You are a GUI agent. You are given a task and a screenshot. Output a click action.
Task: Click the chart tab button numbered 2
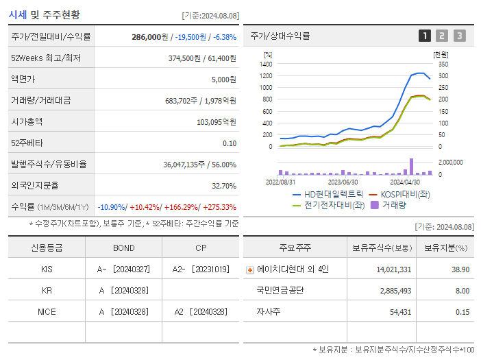click(x=442, y=36)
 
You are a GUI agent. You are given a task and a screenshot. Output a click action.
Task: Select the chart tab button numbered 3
click(x=459, y=36)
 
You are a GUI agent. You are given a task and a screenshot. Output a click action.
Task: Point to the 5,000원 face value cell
click(x=223, y=80)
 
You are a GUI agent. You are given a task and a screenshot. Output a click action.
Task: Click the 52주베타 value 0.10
click(x=229, y=143)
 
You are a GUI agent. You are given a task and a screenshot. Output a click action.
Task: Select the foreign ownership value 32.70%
click(x=223, y=186)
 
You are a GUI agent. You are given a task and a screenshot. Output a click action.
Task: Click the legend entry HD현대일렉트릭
click(x=333, y=194)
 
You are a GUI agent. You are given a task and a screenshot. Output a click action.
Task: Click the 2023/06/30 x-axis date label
click(x=343, y=182)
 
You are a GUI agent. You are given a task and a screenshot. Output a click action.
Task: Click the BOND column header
click(x=124, y=248)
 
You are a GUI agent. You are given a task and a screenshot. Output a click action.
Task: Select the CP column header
click(x=201, y=248)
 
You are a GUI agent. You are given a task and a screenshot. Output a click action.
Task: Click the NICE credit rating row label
click(x=47, y=311)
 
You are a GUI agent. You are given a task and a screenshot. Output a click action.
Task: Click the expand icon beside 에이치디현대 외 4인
click(x=250, y=270)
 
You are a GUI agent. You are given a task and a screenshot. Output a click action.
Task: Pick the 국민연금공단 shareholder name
click(x=281, y=291)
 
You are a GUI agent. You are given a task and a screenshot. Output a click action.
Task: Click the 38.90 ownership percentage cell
click(x=460, y=269)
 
